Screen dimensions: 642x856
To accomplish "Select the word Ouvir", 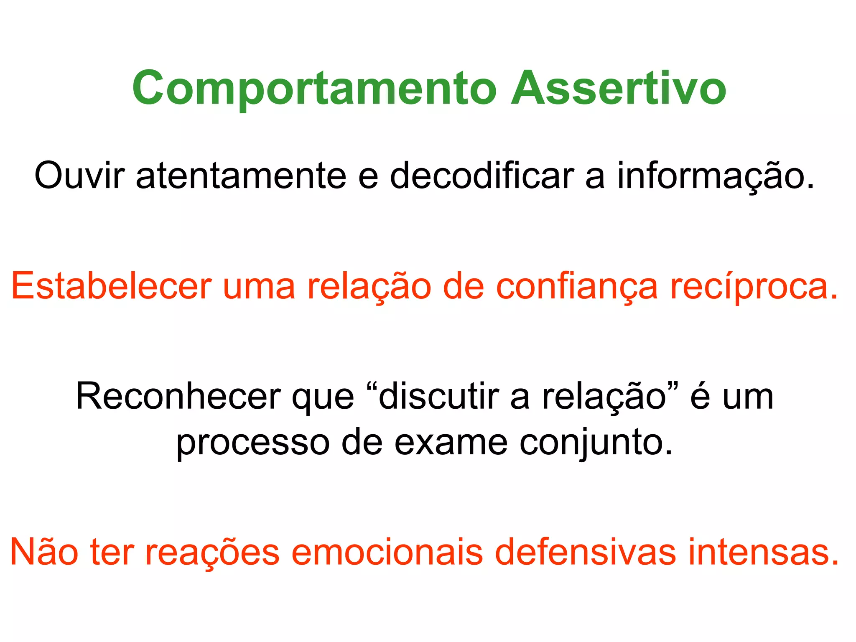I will tap(79, 176).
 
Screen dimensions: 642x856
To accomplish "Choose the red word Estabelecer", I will tap(111, 286).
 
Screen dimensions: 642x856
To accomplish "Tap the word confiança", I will tap(577, 286).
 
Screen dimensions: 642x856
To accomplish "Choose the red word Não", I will tap(44, 552).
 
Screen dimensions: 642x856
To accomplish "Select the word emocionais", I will tap(387, 552).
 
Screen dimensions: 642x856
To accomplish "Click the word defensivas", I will tap(586, 552).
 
